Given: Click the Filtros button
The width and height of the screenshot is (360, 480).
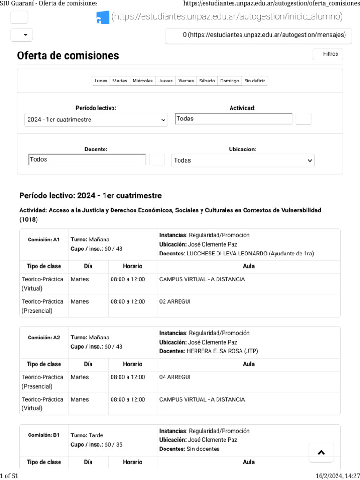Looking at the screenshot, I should pyautogui.click(x=328, y=54).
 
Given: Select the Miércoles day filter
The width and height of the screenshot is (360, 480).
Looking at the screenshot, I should pyautogui.click(x=142, y=81).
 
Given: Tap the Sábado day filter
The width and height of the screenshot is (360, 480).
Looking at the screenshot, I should pyautogui.click(x=207, y=81).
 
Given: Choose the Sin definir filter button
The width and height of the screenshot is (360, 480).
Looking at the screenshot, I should pyautogui.click(x=255, y=81).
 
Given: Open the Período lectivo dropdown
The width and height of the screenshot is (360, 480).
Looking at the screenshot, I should pyautogui.click(x=96, y=120).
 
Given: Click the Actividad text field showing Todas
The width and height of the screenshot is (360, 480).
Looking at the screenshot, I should pyautogui.click(x=233, y=119).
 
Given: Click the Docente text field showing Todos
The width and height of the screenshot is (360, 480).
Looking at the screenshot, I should pyautogui.click(x=87, y=160).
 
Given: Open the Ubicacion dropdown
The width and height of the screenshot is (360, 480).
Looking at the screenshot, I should pyautogui.click(x=242, y=160).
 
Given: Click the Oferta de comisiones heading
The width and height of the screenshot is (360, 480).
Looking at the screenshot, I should pyautogui.click(x=68, y=56).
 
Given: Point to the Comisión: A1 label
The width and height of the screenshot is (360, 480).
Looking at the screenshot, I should pyautogui.click(x=44, y=240).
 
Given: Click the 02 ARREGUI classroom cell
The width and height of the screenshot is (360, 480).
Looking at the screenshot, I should pyautogui.click(x=175, y=302).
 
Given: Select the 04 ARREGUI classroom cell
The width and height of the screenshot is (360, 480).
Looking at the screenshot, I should pyautogui.click(x=175, y=377).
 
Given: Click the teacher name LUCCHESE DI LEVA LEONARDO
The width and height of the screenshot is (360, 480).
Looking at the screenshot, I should pyautogui.click(x=227, y=254).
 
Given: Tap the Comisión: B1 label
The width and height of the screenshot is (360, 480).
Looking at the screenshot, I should pyautogui.click(x=44, y=435).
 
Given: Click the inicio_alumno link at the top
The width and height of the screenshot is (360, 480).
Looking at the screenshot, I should pyautogui.click(x=226, y=17).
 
